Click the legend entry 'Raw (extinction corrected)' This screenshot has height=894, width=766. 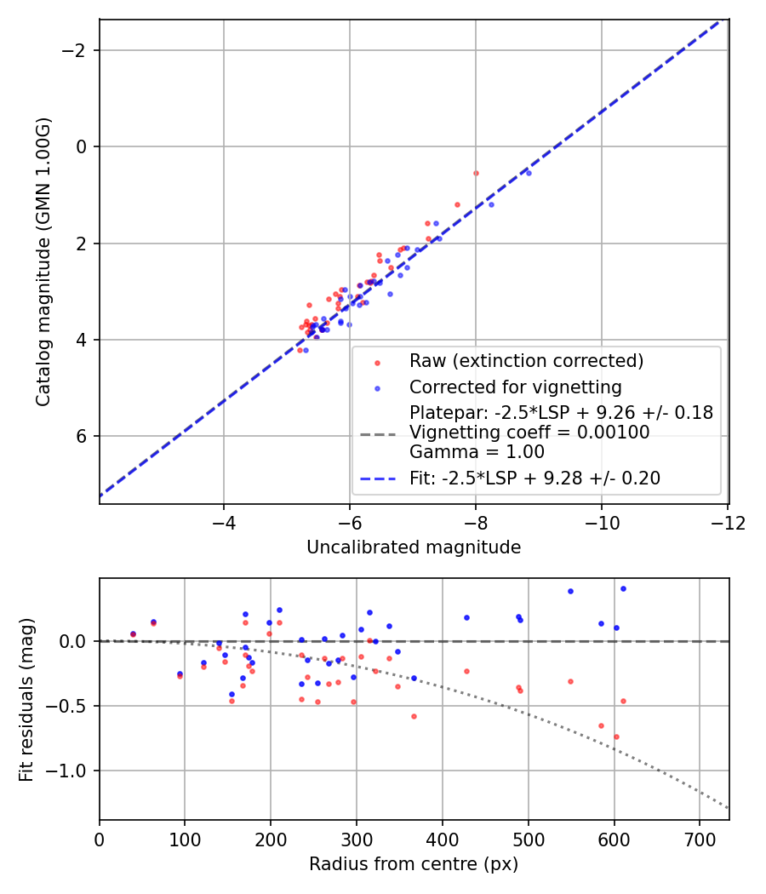526,361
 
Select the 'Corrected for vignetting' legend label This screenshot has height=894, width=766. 515,387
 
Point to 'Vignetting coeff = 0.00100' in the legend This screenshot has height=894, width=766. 529,433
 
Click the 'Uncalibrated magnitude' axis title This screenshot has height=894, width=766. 414,547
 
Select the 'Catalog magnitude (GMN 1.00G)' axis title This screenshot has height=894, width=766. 43,261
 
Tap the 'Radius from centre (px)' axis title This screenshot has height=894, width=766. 414,864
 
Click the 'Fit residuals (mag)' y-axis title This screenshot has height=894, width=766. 26,699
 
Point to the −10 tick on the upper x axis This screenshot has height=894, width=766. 601,519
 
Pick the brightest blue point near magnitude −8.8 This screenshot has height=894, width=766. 529,173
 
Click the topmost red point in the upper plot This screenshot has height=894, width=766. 476,173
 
